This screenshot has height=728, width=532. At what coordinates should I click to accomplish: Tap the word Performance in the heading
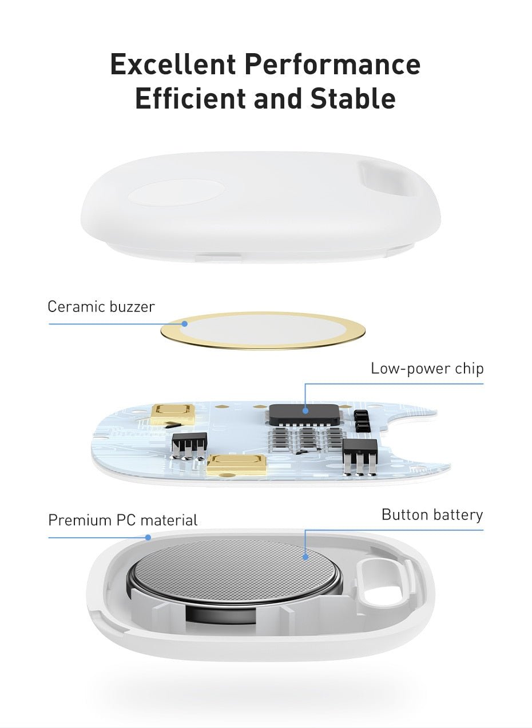[x=332, y=64]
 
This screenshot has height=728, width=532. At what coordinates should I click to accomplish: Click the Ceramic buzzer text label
[x=101, y=307]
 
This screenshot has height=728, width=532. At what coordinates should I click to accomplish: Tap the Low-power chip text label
[x=427, y=369]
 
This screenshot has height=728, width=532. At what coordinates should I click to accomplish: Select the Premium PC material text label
[x=122, y=521]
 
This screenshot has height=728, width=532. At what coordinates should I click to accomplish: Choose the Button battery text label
[x=432, y=515]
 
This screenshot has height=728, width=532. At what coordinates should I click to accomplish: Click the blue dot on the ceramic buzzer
[x=185, y=324]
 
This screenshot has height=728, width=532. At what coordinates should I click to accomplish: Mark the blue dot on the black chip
[x=305, y=410]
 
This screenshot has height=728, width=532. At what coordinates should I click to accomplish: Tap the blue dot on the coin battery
[x=305, y=556]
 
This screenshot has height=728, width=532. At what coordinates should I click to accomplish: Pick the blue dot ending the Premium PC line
[x=148, y=537]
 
